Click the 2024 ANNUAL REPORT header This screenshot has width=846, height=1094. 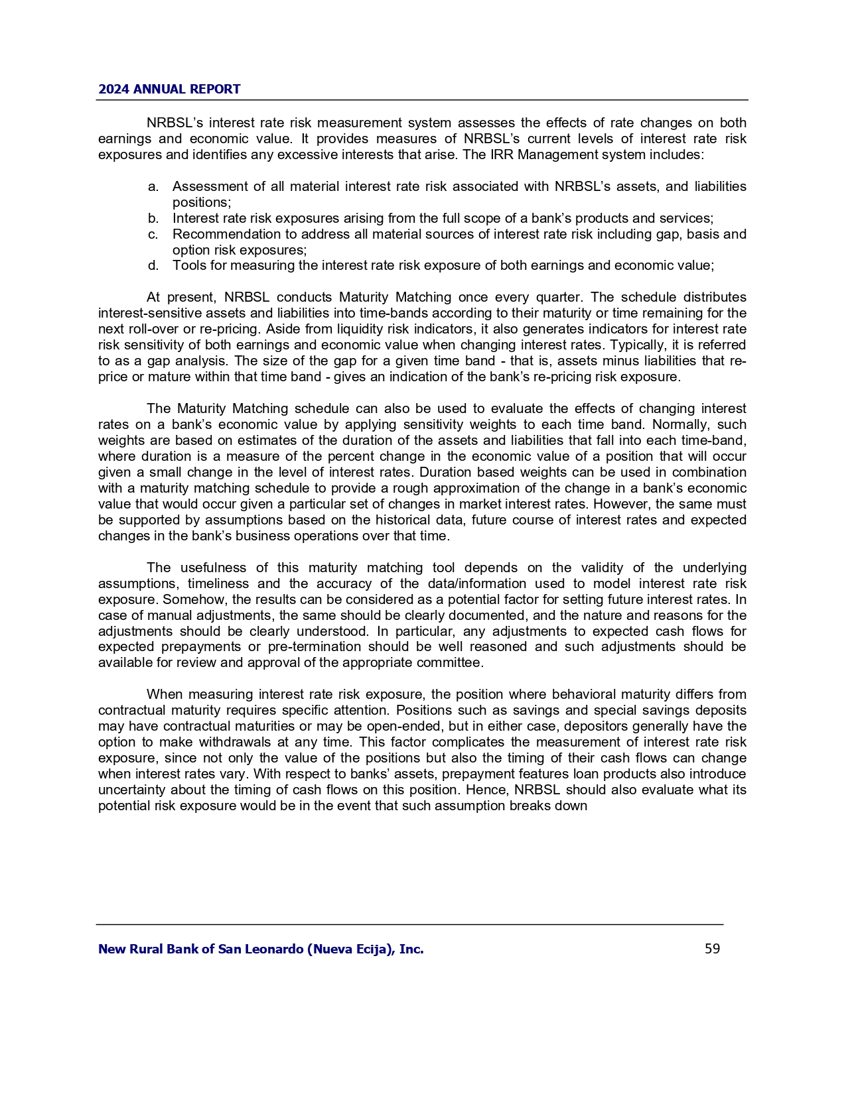[x=169, y=89]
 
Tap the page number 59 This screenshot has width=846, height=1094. [x=712, y=949]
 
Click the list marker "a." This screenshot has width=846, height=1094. [x=153, y=186]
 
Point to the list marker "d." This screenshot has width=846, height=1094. [x=153, y=266]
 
